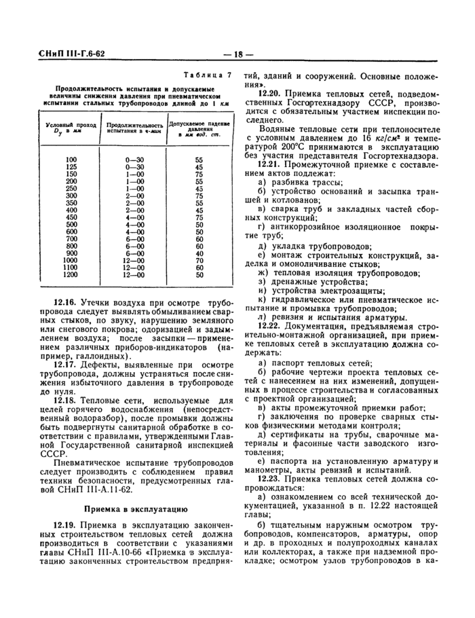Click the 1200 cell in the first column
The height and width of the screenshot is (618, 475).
pyautogui.click(x=71, y=275)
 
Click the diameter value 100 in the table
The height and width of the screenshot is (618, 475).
pyautogui.click(x=71, y=159)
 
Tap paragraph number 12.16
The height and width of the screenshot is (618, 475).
pyautogui.click(x=65, y=301)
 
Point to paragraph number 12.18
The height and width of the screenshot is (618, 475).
pyautogui.click(x=65, y=401)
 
